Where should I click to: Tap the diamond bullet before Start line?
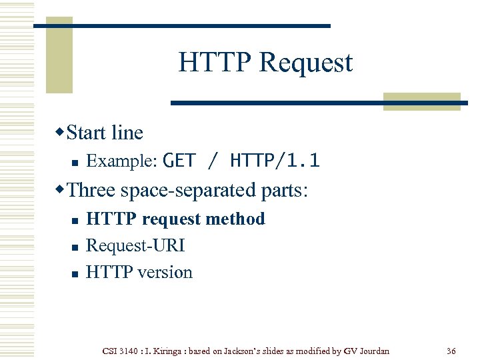click(61, 131)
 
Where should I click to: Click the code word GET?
click(179, 161)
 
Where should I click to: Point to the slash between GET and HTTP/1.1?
click(213, 161)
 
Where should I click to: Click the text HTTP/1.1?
click(275, 161)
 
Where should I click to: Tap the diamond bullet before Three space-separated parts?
click(61, 189)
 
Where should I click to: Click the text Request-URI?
click(135, 245)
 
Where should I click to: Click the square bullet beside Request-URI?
click(76, 247)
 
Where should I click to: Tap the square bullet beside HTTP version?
click(76, 273)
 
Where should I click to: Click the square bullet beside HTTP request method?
click(76, 220)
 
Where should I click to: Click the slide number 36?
click(451, 351)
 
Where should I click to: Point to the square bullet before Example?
click(76, 162)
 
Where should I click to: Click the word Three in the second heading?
click(91, 190)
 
